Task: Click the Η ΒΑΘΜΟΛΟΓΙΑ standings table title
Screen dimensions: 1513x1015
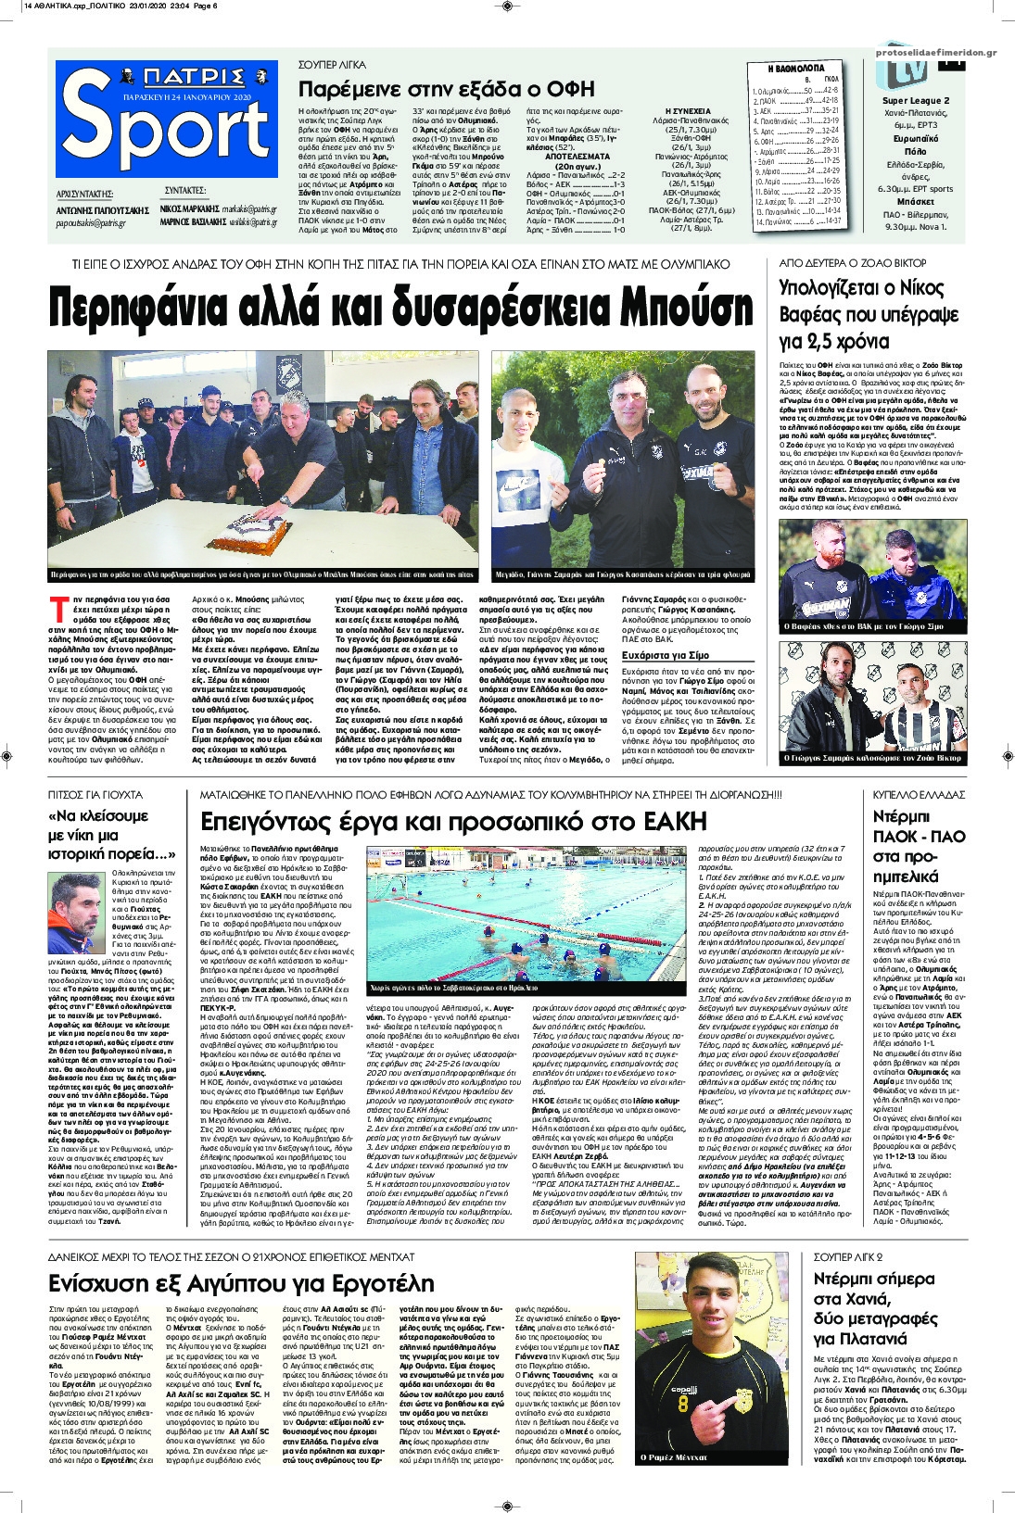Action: [x=791, y=69]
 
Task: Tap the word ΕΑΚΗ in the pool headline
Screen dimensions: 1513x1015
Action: [x=666, y=821]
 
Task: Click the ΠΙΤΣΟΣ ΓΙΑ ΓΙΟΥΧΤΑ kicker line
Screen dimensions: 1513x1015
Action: [x=95, y=795]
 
